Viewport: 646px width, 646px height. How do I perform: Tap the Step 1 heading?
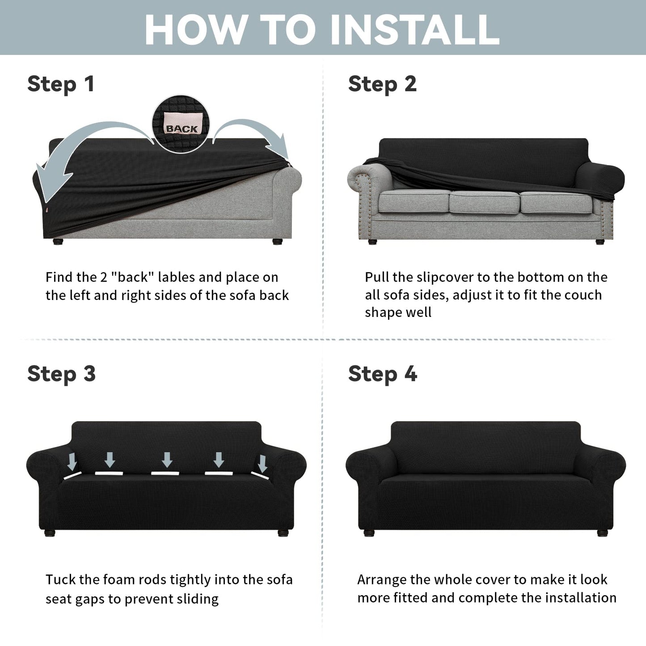[x=61, y=84]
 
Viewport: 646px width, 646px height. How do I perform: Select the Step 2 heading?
[x=383, y=84]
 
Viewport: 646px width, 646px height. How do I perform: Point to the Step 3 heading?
[x=61, y=374]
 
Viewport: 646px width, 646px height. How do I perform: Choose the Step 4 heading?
[x=383, y=374]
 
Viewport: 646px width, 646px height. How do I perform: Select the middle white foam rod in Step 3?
[x=165, y=473]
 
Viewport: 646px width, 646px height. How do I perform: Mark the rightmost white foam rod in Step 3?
[x=260, y=476]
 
